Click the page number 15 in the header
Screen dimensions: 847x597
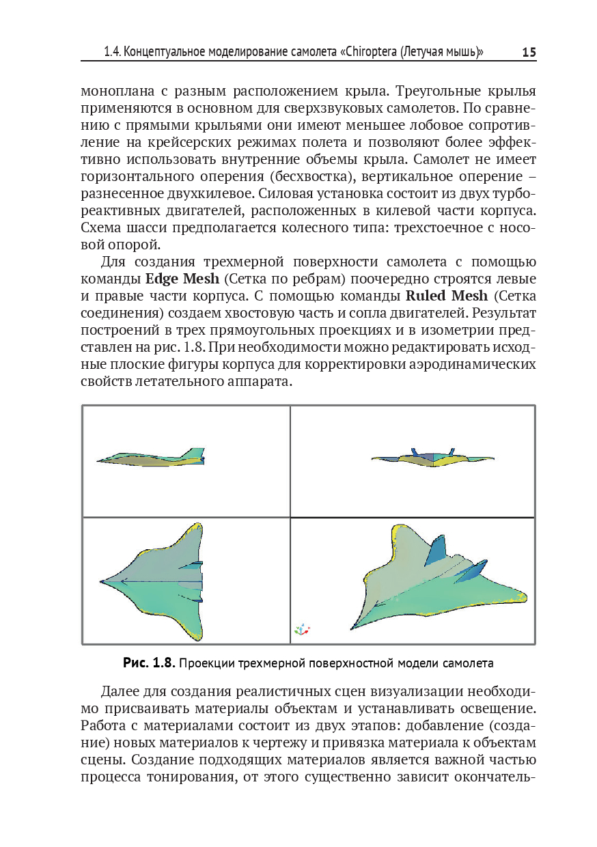(528, 53)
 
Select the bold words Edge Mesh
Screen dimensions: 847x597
(182, 279)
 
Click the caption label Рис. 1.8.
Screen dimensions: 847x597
(150, 663)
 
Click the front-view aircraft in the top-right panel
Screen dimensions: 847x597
(432, 459)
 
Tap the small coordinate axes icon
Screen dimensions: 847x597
(301, 629)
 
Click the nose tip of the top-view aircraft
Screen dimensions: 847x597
(102, 581)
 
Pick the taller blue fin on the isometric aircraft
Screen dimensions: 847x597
(435, 551)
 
